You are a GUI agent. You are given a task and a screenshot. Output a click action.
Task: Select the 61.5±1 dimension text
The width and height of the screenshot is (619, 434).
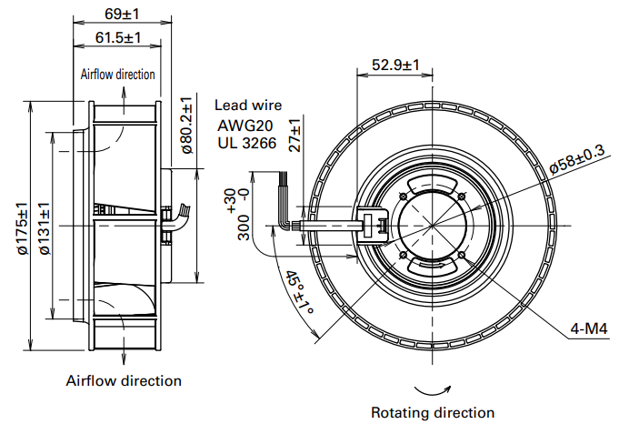coord(117,37)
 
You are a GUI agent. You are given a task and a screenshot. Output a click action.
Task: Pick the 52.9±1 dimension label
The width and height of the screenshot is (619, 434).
coord(396,65)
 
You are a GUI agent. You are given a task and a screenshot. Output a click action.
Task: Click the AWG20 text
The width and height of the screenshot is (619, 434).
coord(242,125)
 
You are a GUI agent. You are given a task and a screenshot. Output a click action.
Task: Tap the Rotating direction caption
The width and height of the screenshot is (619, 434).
coord(433,412)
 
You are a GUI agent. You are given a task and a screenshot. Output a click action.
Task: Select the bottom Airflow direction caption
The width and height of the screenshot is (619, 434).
coord(124,380)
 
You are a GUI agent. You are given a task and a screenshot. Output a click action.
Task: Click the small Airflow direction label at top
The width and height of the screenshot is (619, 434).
coord(117,74)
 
